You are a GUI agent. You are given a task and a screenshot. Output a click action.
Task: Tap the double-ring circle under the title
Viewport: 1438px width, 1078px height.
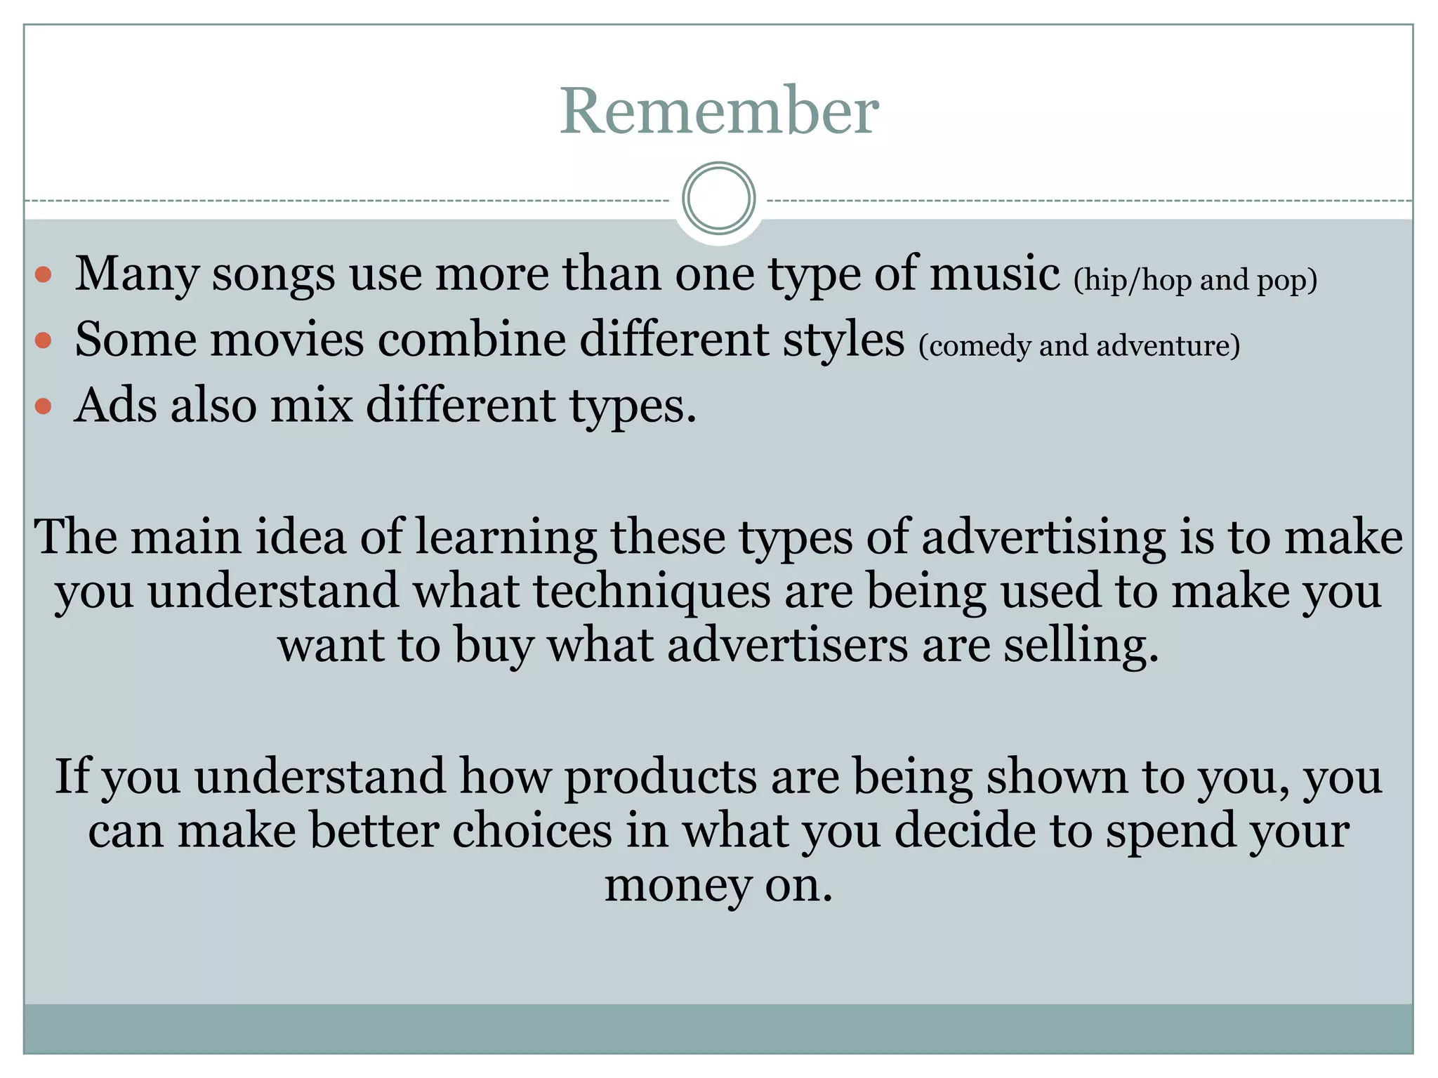pos(718,198)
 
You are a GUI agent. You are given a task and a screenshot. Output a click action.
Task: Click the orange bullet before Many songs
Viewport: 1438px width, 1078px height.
pos(44,274)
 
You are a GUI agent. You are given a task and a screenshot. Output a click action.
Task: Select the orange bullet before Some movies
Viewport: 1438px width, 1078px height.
pos(44,340)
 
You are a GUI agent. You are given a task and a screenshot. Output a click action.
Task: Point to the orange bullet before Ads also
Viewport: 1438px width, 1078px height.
pos(44,406)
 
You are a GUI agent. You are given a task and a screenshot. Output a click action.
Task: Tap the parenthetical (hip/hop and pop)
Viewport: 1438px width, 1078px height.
pos(1195,280)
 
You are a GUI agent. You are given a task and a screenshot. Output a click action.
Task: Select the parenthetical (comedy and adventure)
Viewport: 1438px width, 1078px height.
pos(1079,345)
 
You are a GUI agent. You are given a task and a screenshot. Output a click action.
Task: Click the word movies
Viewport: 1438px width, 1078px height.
pos(287,340)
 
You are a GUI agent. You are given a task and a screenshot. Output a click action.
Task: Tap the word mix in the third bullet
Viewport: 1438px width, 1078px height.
pos(311,406)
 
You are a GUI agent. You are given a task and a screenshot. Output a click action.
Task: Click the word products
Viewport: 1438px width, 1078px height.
pos(660,777)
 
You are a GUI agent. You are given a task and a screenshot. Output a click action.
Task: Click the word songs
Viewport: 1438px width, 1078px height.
pos(273,274)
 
